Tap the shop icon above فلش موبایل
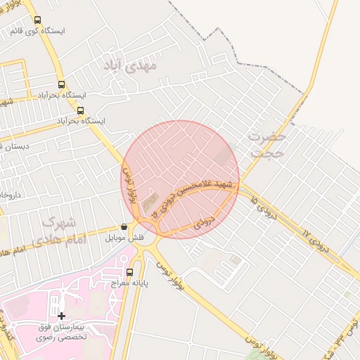point(124,227)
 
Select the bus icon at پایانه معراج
point(129,272)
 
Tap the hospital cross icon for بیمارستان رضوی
point(61,316)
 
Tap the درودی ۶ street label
point(203,224)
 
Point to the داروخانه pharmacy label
point(8,193)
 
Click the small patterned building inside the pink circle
point(150,204)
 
